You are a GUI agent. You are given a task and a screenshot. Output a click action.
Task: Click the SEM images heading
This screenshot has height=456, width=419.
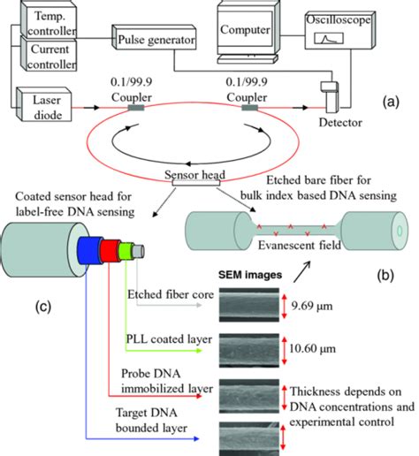(x=249, y=276)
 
